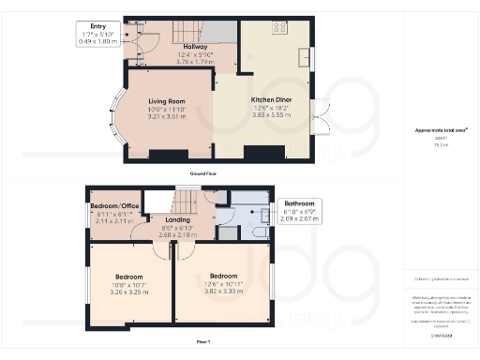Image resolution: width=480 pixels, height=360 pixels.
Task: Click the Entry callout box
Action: tap(98, 33)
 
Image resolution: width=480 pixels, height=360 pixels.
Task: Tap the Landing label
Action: tap(177, 220)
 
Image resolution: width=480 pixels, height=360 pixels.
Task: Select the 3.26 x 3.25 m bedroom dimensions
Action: tap(128, 292)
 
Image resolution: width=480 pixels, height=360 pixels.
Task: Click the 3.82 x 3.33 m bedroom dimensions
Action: tap(221, 291)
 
